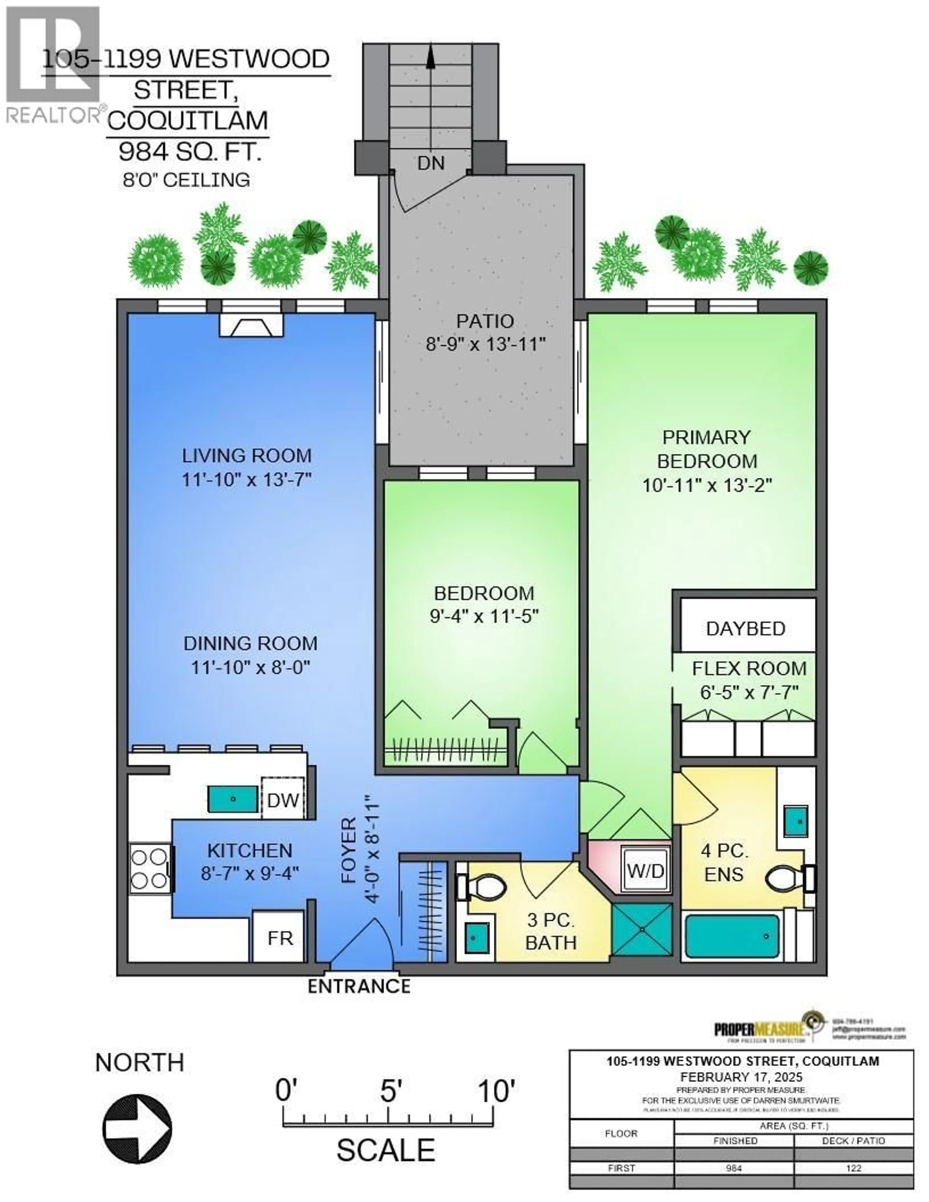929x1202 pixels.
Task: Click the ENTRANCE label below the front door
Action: point(359,986)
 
